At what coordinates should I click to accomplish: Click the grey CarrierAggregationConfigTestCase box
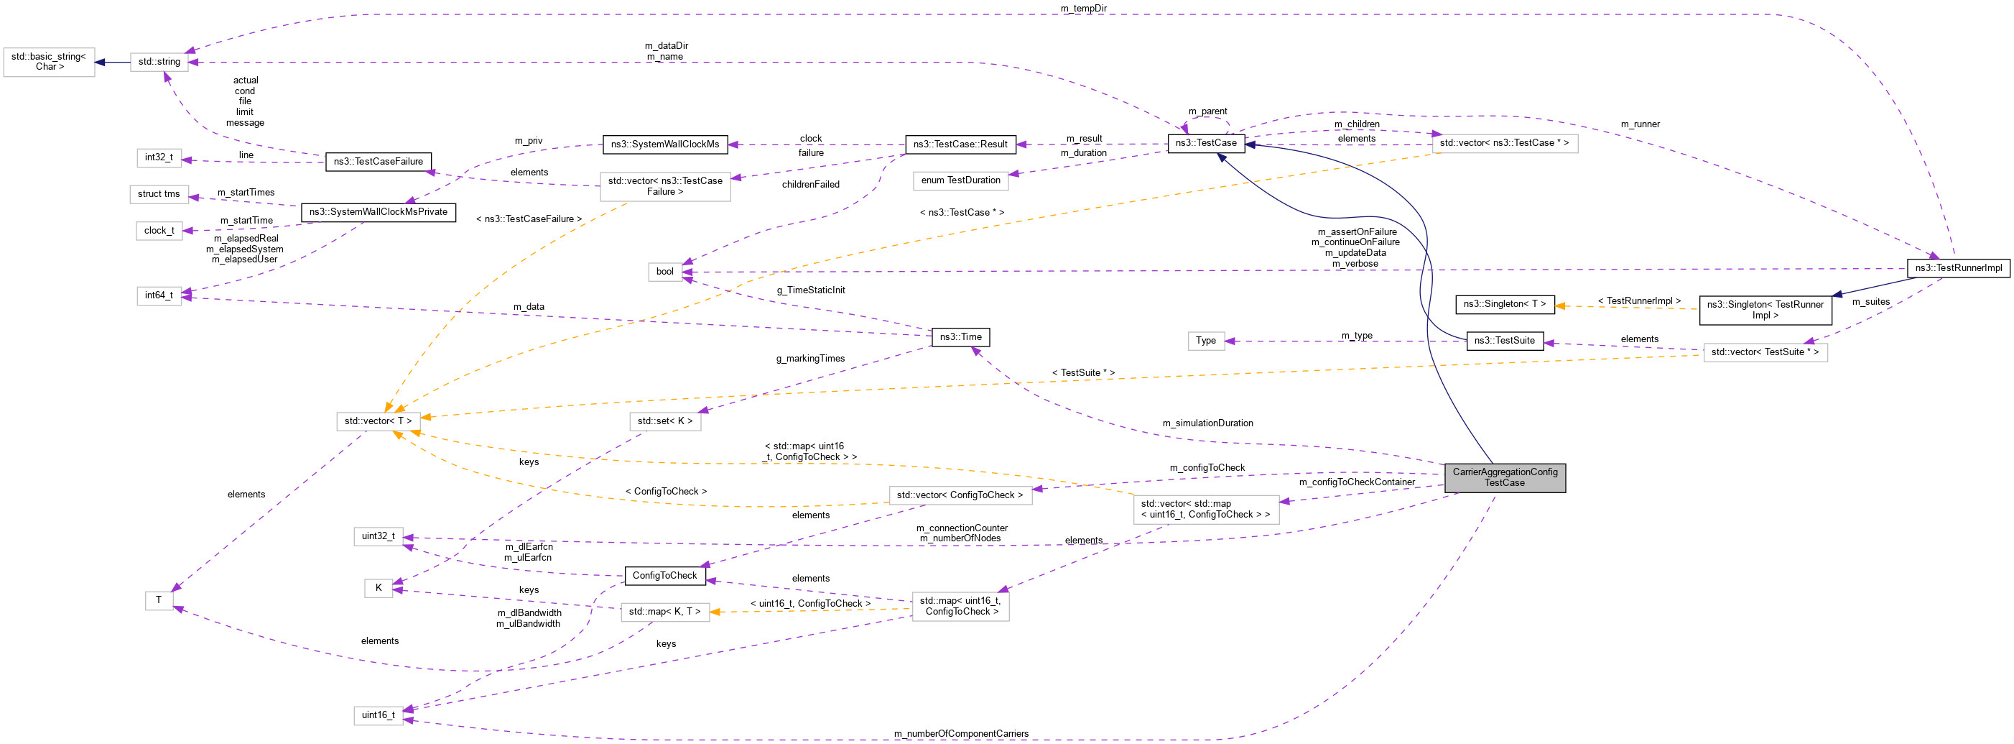coord(1504,477)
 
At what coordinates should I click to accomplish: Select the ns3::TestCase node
coord(1205,143)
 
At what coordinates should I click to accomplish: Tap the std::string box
coord(159,62)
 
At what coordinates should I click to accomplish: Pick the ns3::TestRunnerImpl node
coord(1958,267)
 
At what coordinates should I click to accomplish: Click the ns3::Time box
coord(960,337)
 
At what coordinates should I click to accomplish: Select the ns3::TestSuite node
coord(1504,340)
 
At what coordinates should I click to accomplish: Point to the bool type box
coord(664,272)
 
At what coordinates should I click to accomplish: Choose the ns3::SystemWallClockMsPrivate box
coord(379,212)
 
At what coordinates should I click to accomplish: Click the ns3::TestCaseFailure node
coord(379,162)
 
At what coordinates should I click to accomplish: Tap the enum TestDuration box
coord(960,180)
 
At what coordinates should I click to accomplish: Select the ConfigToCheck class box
coord(664,576)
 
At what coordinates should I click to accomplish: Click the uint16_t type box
coord(379,715)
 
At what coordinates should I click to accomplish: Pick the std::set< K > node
coord(664,421)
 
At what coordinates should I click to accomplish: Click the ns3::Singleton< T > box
coord(1504,304)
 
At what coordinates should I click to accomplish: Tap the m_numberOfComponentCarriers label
coord(961,734)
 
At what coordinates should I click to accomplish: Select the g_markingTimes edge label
coord(810,358)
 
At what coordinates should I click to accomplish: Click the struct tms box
coord(159,194)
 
